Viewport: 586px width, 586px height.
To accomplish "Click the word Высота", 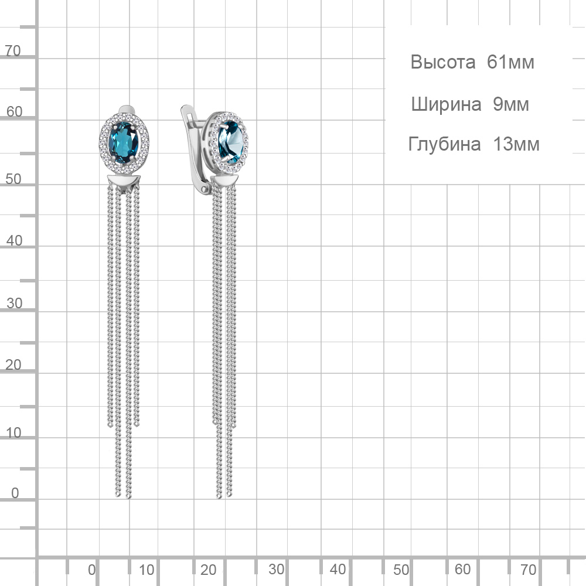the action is pos(443,62).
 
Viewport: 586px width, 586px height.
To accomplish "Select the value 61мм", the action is pos(510,62).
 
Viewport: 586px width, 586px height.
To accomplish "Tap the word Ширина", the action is pos(446,105).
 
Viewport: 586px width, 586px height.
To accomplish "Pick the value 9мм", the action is pos(510,104).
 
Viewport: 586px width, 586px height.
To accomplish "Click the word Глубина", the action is pos(444,145).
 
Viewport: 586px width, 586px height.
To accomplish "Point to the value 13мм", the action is pos(516,144).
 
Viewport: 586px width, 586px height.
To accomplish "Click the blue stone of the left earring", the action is pos(123,142).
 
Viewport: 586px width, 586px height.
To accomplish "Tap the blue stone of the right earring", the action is pos(230,142).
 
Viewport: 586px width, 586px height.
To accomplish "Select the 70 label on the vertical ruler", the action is pos(13,51).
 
